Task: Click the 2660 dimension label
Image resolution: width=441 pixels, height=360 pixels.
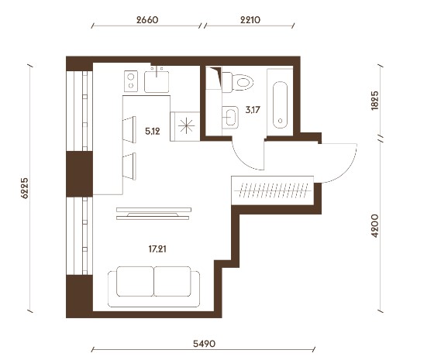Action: (147, 20)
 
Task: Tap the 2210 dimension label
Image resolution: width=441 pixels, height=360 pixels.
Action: (250, 20)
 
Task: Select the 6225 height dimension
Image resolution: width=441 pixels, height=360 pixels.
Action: (25, 188)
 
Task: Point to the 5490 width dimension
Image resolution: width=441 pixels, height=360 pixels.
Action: (204, 344)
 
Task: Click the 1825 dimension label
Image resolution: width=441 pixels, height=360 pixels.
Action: (375, 101)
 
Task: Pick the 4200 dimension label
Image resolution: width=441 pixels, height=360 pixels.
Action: (375, 226)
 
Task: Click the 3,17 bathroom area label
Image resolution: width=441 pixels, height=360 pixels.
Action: (253, 110)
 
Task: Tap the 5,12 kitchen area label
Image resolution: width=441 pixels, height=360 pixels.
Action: (153, 132)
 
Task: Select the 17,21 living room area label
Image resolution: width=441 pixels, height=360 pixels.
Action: (157, 249)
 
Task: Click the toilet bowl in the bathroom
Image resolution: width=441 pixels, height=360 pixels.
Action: (238, 82)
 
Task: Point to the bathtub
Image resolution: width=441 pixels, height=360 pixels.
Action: (280, 105)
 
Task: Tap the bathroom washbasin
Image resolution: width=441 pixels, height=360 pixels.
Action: (230, 117)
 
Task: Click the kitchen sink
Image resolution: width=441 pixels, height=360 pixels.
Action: (157, 81)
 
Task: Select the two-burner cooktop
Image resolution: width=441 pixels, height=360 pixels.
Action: (131, 81)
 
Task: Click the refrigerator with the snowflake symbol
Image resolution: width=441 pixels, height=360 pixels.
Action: (185, 126)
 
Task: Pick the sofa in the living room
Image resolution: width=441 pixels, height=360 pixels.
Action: (153, 286)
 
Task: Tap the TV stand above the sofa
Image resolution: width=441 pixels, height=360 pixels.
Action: (153, 214)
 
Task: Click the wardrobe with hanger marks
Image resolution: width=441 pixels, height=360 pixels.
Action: (272, 190)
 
